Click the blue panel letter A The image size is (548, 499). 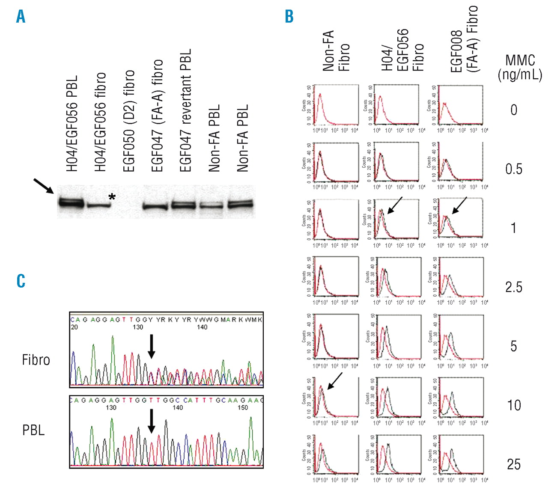21,16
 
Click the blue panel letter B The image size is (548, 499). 289,16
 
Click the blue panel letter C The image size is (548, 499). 21,281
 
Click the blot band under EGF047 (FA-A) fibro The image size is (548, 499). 155,207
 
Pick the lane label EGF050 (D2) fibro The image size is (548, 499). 128,121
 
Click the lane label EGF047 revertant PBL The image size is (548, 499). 185,110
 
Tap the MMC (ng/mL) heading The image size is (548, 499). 520,67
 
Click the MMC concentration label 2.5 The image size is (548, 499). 514,287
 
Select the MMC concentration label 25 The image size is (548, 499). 514,464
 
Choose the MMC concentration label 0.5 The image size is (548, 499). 514,169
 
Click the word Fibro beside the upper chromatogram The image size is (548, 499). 36,360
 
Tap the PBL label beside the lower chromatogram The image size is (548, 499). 33,430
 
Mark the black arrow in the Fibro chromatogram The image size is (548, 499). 151,346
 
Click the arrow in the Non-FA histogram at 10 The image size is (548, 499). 335,380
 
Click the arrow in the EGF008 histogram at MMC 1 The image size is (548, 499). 459,205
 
